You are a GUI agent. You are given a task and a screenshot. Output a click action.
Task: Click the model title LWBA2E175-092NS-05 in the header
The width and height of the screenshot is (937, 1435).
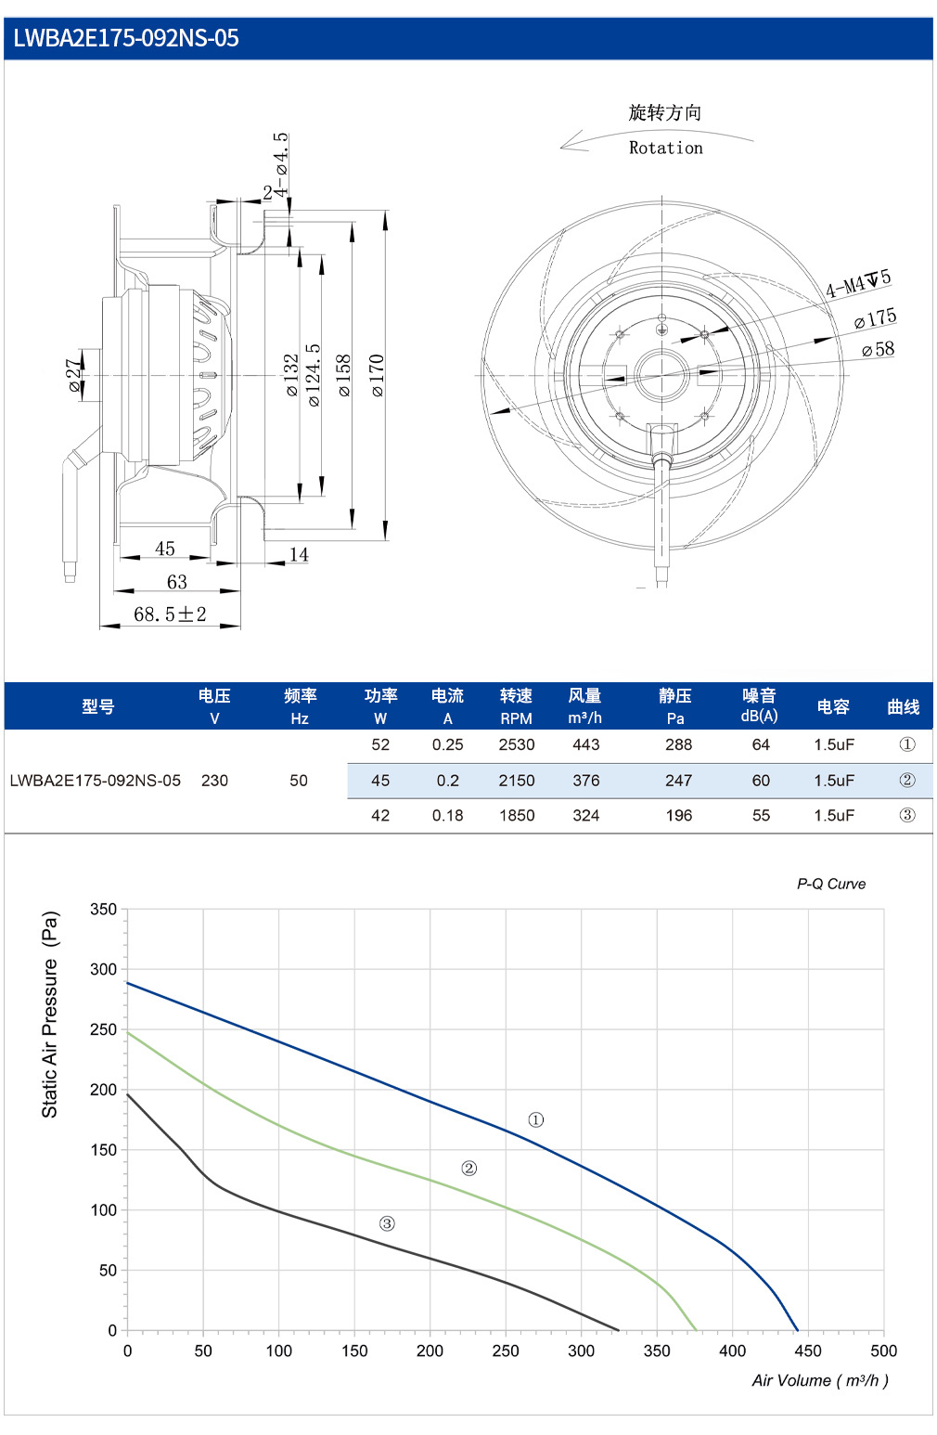coord(126,38)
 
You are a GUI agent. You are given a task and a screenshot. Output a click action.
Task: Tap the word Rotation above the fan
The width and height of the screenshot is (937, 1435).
coord(665,148)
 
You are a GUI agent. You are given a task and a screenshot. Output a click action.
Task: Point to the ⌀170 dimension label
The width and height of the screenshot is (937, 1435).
coord(378,375)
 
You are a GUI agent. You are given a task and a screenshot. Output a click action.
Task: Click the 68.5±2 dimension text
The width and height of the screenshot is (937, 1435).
coord(170,614)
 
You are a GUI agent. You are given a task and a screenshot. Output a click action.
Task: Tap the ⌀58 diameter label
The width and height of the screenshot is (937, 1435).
coord(878,349)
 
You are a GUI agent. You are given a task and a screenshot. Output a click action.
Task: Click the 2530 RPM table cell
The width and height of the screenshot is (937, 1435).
coord(516,744)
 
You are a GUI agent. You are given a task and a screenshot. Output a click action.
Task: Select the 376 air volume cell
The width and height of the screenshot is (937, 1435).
coord(585,781)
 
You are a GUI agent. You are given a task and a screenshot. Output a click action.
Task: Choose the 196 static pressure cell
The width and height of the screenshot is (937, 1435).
coord(678,816)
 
